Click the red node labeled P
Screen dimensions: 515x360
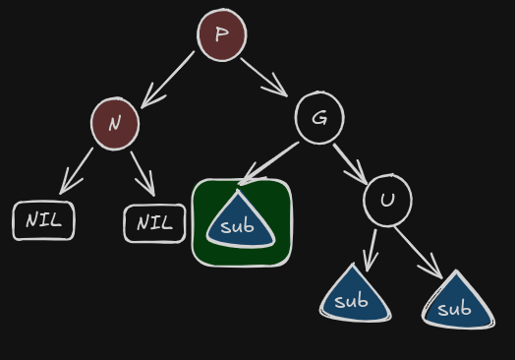click(222, 34)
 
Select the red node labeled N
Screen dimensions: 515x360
click(115, 124)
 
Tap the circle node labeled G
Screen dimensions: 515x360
click(319, 118)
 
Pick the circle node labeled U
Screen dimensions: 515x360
click(387, 201)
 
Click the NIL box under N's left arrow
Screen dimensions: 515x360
click(43, 220)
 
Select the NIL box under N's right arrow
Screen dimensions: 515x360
click(154, 223)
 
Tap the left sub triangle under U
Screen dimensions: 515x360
click(355, 296)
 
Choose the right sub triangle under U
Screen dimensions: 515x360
click(458, 303)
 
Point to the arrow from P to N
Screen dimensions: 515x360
click(167, 80)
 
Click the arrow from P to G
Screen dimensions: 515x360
click(264, 78)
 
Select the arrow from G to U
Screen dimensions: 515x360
click(350, 164)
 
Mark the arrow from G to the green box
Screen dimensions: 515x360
click(268, 163)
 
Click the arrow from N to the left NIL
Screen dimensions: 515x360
click(77, 171)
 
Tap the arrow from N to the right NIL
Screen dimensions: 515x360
click(143, 173)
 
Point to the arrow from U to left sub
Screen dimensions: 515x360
click(372, 251)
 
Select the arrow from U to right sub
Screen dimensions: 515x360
click(419, 253)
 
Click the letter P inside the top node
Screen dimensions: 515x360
click(222, 33)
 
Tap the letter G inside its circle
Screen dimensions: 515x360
click(319, 117)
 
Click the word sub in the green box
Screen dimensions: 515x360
click(237, 226)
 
